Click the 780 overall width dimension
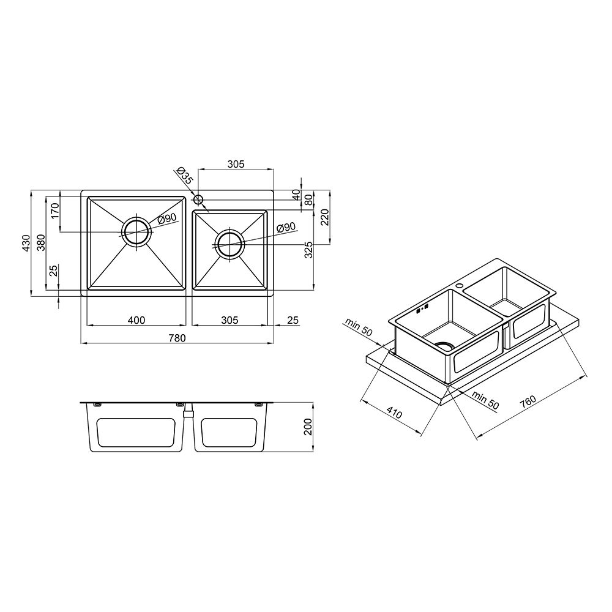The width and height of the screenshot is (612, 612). (x=177, y=338)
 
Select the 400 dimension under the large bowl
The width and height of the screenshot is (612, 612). (x=136, y=320)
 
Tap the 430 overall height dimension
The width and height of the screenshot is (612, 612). (x=26, y=243)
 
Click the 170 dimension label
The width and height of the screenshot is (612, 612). (x=54, y=211)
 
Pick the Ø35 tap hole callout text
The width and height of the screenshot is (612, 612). (x=185, y=176)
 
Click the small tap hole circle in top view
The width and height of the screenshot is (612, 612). (x=198, y=200)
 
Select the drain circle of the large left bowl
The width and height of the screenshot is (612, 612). (x=136, y=232)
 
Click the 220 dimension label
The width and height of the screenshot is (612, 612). (x=325, y=217)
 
